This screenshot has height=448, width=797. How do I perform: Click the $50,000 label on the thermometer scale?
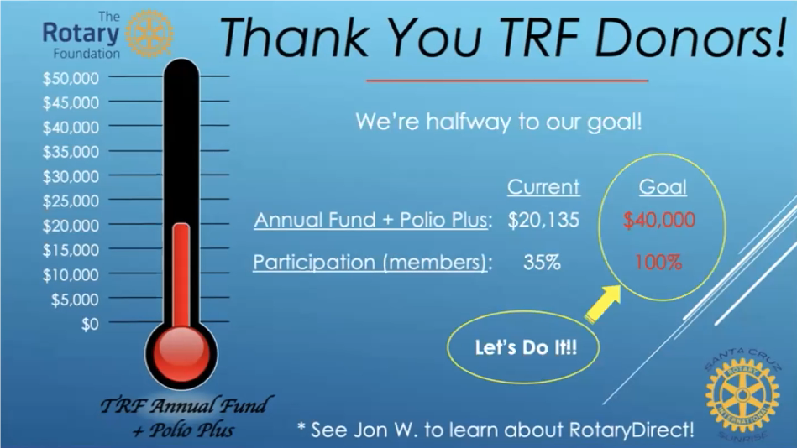click(x=71, y=78)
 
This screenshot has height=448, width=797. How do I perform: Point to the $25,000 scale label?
click(x=71, y=201)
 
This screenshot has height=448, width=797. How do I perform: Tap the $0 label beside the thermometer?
click(x=90, y=324)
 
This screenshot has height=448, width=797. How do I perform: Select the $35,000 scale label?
click(x=71, y=152)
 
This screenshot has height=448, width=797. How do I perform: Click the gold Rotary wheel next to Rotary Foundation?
click(x=149, y=34)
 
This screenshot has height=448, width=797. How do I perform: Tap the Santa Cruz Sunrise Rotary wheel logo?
click(x=742, y=394)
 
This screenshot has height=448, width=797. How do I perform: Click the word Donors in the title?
click(x=690, y=37)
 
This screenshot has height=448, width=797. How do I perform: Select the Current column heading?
click(x=543, y=187)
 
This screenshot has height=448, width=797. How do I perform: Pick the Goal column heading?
click(x=663, y=187)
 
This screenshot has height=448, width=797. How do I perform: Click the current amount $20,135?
click(x=543, y=220)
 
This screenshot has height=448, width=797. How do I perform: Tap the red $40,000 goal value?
click(x=659, y=220)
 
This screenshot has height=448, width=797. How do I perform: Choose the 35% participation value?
click(x=542, y=262)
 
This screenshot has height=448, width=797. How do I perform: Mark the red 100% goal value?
click(x=658, y=262)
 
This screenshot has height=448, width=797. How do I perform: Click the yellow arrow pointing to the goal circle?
click(x=604, y=304)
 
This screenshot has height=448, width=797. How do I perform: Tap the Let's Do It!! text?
click(x=526, y=347)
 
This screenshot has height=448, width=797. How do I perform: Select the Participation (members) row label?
click(x=373, y=263)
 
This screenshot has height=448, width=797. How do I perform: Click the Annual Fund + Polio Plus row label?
click(x=373, y=220)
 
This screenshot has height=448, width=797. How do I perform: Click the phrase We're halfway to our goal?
click(x=499, y=122)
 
